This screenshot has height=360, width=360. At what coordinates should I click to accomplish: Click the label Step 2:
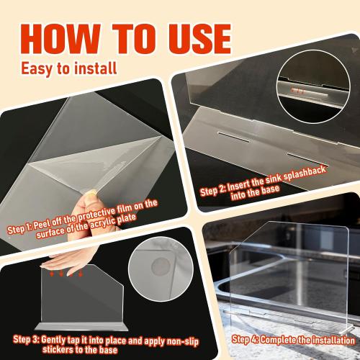(x=216, y=191)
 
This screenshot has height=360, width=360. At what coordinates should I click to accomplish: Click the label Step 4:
(x=248, y=338)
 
